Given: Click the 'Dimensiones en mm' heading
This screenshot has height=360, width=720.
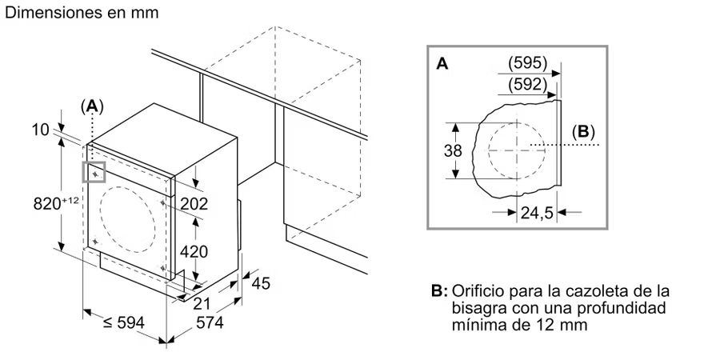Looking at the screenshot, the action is [x=82, y=12].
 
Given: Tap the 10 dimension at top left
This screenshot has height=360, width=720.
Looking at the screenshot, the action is [x=41, y=130].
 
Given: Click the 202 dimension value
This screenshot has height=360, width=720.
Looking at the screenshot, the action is [x=194, y=203].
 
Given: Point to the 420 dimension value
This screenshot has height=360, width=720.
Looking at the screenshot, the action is [x=194, y=251].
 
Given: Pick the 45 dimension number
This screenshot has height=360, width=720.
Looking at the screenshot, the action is [x=261, y=283].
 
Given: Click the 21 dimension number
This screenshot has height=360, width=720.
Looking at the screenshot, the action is [x=202, y=303].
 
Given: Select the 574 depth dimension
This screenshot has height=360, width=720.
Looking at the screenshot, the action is [x=210, y=323].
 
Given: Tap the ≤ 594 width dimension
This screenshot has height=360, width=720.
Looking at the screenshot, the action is [x=123, y=323].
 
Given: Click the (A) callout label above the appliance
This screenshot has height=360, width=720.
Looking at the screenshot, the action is [x=92, y=106].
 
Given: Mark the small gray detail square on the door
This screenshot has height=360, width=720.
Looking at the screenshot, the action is [x=94, y=172].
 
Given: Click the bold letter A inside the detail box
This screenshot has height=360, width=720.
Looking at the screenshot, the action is [x=442, y=64].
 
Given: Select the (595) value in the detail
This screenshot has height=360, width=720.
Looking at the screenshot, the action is [x=528, y=63].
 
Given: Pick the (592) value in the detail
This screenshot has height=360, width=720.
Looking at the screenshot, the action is [x=528, y=85].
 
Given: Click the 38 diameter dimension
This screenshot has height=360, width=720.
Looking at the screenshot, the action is [x=453, y=150].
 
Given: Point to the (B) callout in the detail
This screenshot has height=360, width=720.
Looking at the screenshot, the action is [x=583, y=132].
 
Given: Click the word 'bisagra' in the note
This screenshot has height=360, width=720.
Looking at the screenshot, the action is [x=479, y=308].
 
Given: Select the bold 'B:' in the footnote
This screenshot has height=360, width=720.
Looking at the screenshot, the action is [x=439, y=291].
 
